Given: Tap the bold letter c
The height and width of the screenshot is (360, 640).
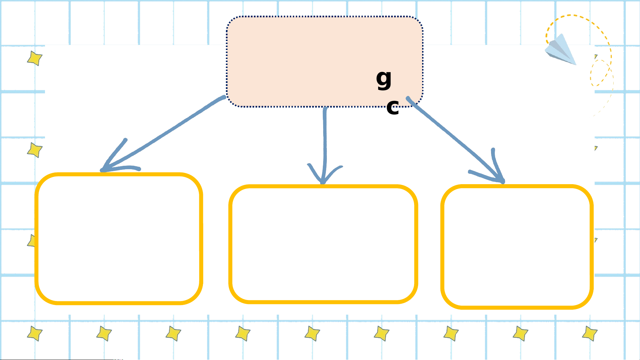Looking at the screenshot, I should coord(393,108).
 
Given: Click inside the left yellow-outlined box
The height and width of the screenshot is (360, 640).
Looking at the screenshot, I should coord(119,238).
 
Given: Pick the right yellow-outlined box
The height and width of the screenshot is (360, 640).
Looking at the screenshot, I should coord(517,247).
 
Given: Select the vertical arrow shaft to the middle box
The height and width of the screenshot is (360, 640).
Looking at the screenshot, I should coord(325,140).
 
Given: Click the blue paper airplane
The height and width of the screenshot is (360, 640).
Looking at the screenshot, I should coord(561,50).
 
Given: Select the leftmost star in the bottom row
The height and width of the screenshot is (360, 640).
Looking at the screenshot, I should coord(35,333).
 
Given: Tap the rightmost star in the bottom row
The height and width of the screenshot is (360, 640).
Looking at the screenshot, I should coord(590,333).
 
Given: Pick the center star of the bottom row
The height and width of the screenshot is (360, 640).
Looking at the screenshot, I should coord(312,333).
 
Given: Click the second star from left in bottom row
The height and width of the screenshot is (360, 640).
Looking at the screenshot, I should coord(104,333).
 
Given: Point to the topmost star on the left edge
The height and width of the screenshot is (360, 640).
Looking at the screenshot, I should coord(35,58).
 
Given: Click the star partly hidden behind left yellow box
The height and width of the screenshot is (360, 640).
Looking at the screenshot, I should coord(32,241).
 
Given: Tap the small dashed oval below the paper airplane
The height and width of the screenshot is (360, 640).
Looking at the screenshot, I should coord(599,73).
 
